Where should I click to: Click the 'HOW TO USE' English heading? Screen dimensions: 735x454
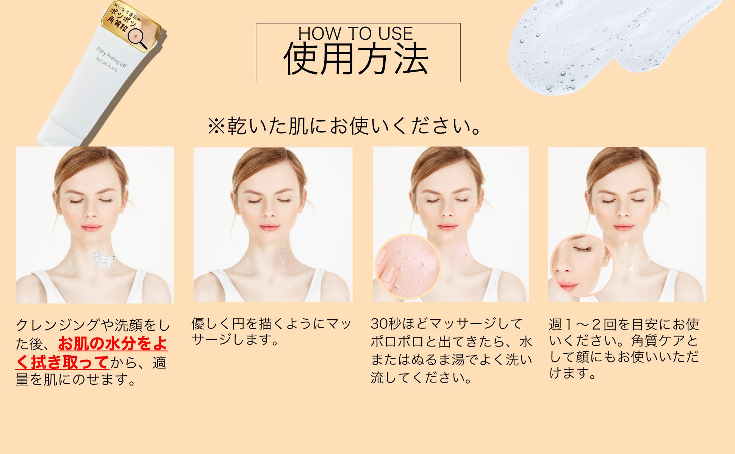[x=355, y=33]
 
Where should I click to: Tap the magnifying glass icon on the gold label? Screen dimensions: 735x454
[x=139, y=38]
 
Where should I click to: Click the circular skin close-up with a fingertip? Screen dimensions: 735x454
[x=408, y=267]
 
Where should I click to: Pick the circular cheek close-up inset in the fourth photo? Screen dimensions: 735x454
[x=582, y=266]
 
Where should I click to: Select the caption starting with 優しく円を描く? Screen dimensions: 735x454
[x=271, y=331]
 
